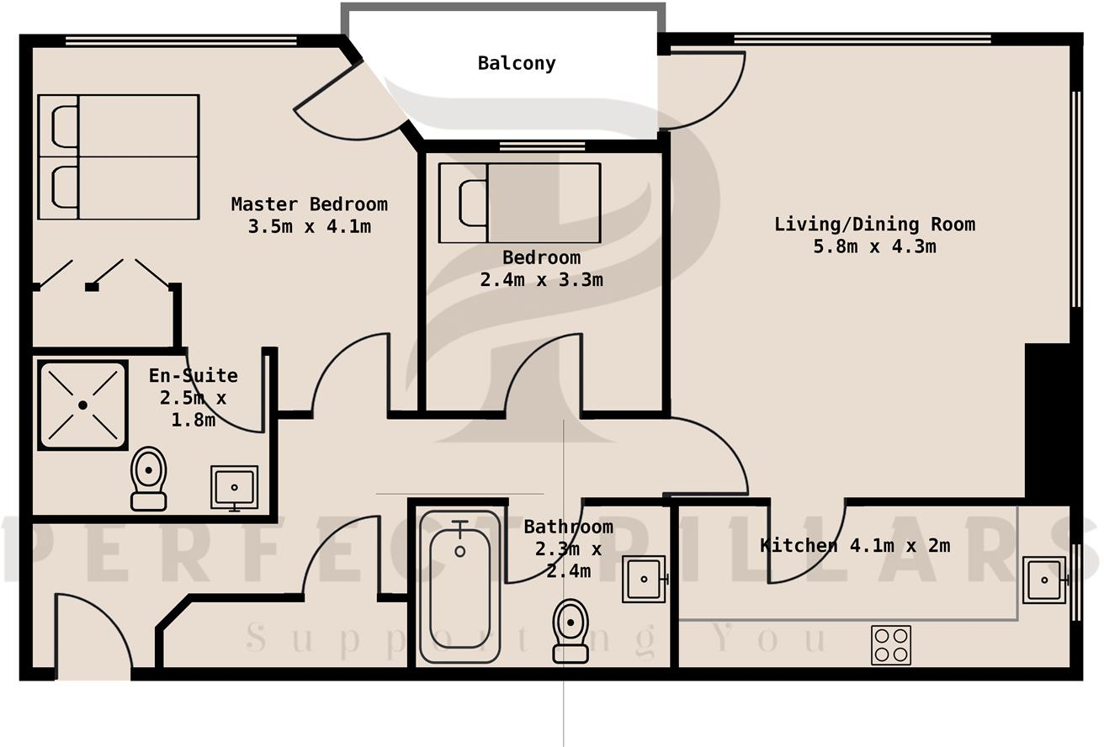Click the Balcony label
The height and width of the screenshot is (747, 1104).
pyautogui.click(x=517, y=63)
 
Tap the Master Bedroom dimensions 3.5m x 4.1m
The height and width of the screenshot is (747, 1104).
pyautogui.click(x=309, y=226)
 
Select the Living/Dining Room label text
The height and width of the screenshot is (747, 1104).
pyautogui.click(x=874, y=224)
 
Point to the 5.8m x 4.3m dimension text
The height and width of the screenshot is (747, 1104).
pyautogui.click(x=874, y=246)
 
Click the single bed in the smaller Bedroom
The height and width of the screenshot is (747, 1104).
pyautogui.click(x=519, y=203)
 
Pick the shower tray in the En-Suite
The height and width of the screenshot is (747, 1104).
pyautogui.click(x=82, y=405)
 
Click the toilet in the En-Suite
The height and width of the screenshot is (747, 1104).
pyautogui.click(x=149, y=477)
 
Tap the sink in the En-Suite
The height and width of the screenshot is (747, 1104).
pyautogui.click(x=235, y=487)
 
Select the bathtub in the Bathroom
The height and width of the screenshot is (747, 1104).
pyautogui.click(x=459, y=586)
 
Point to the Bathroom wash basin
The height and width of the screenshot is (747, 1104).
pyautogui.click(x=644, y=579)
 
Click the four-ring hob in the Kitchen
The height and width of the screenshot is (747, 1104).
pyautogui.click(x=890, y=645)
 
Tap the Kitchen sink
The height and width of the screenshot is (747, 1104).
pyautogui.click(x=1044, y=580)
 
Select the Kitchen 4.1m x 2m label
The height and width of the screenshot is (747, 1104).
pyautogui.click(x=854, y=545)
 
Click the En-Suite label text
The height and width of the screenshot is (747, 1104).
pyautogui.click(x=193, y=375)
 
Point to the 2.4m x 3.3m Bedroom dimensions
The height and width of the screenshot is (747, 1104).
pyautogui.click(x=541, y=280)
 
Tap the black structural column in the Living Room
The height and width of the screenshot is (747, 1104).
pyautogui.click(x=1047, y=421)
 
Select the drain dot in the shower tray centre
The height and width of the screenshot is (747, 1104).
pyautogui.click(x=82, y=405)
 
